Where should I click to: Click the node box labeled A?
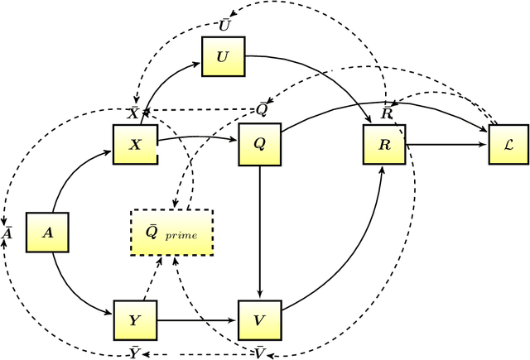tap(47, 233)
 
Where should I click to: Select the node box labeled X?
tap(134, 144)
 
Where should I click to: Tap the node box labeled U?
tap(222, 57)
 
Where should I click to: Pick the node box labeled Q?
tap(260, 144)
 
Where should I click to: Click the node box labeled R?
tap(384, 144)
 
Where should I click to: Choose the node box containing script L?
tap(508, 144)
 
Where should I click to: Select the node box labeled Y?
tap(134, 319)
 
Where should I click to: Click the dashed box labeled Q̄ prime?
tap(172, 232)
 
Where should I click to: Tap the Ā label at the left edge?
tap(7, 233)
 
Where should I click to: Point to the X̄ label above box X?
tap(133, 112)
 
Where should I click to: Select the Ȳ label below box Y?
tap(134, 353)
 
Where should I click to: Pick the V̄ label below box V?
tap(259, 353)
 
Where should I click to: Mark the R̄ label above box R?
tap(387, 112)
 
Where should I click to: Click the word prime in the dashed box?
tap(181, 235)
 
